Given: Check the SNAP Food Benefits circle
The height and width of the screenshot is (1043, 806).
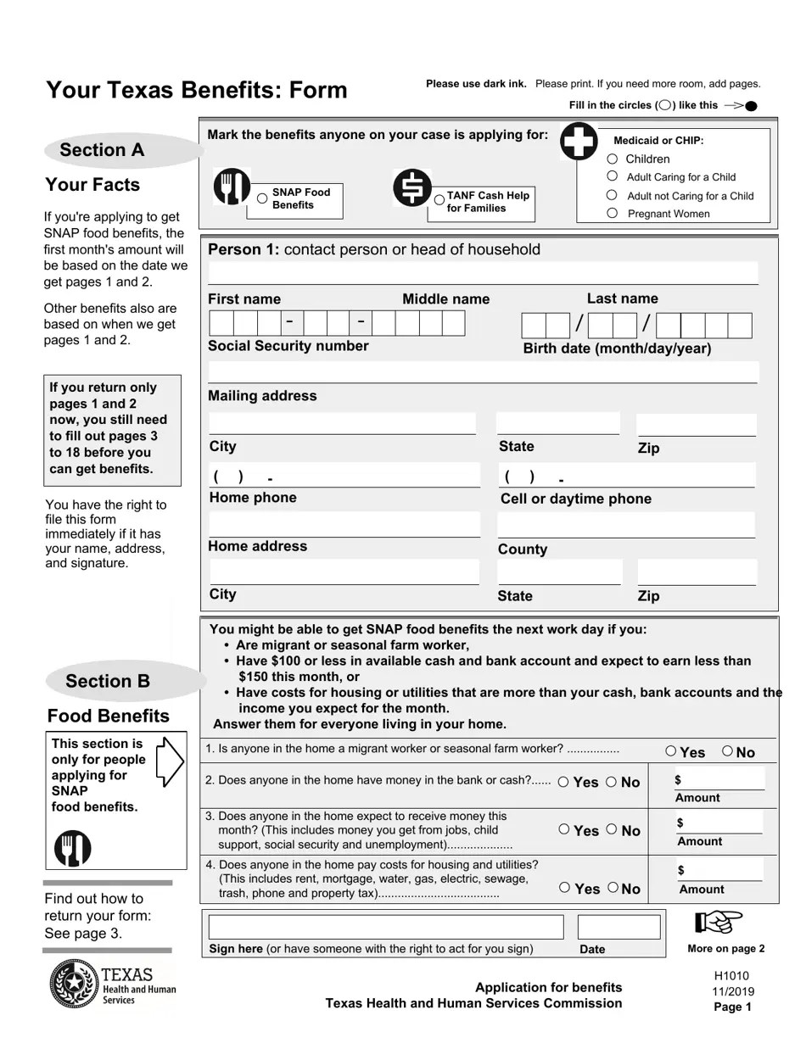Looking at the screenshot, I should click(x=262, y=198).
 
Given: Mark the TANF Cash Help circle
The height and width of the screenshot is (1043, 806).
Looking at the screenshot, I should click(x=439, y=201).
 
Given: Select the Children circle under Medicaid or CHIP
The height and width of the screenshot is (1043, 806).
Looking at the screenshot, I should click(x=613, y=159).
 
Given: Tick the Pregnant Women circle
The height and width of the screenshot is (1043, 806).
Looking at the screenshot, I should click(x=613, y=214).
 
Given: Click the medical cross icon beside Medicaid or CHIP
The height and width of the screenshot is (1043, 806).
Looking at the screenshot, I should click(x=579, y=141).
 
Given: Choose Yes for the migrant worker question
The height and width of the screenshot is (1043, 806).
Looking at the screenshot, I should click(x=671, y=751).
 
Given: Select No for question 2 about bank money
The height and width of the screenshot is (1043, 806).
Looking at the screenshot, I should click(x=612, y=782).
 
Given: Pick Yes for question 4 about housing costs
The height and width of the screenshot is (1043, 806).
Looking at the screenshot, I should click(x=565, y=888).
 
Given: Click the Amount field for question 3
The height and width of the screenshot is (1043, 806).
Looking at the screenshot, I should click(x=719, y=823).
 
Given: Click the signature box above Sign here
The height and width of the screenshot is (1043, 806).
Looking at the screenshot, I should click(x=386, y=927).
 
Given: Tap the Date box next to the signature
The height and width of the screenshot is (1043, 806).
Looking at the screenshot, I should click(x=618, y=927).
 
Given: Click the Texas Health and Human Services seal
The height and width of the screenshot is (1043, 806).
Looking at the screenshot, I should click(x=75, y=987).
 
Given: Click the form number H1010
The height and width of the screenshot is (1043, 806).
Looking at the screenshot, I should click(x=731, y=976).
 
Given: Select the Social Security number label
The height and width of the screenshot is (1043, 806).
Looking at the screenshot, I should click(x=288, y=346).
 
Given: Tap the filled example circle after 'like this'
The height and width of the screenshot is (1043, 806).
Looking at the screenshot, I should click(x=751, y=106).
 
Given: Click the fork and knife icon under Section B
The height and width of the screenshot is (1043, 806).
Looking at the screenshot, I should click(x=73, y=848).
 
